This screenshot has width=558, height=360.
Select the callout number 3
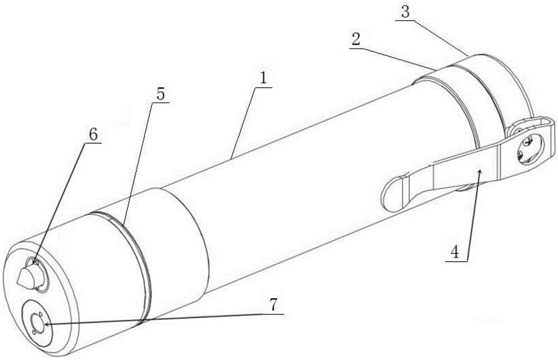click(405, 12)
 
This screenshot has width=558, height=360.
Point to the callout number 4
click(454, 253)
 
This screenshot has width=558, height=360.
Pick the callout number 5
click(161, 94)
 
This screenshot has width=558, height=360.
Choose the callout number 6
click(93, 135)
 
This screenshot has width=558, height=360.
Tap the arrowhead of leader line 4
click(480, 172)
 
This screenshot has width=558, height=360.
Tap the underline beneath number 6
click(92, 143)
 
